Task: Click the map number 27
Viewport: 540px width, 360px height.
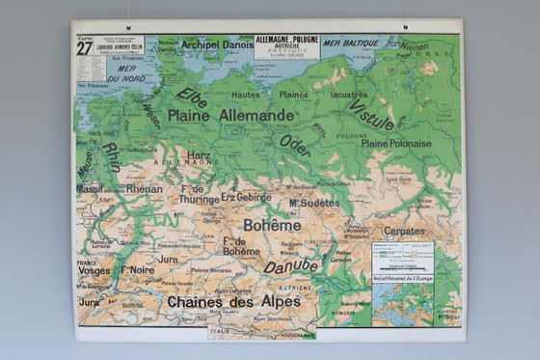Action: [85, 49]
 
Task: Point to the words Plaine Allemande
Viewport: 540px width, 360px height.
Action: [230, 115]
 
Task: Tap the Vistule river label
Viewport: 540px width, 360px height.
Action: [371, 114]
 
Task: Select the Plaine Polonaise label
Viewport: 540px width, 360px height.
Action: [396, 143]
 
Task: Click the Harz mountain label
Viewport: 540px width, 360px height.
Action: [199, 154]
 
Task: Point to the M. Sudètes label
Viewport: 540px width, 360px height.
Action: [313, 204]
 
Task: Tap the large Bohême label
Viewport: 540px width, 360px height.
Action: [272, 224]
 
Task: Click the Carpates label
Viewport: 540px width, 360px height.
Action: [402, 232]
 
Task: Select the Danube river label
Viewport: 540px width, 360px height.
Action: [290, 265]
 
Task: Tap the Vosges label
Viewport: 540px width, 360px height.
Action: [94, 272]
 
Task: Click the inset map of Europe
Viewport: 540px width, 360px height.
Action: [402, 286]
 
